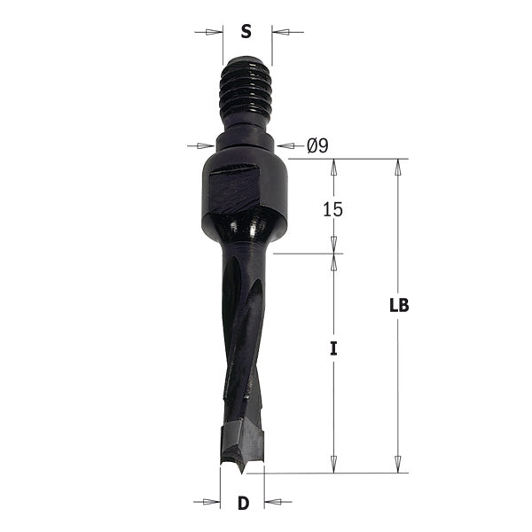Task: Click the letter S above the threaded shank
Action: [x=246, y=32]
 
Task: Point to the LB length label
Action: [x=398, y=306]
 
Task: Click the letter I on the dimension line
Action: [x=333, y=348]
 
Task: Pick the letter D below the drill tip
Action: [x=242, y=504]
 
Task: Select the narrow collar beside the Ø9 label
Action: [x=246, y=145]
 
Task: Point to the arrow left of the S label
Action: [x=209, y=33]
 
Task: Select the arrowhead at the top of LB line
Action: [x=398, y=168]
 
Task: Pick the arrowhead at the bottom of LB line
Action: [x=398, y=464]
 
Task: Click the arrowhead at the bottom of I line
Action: [x=333, y=464]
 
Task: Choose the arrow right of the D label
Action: [x=276, y=503]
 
